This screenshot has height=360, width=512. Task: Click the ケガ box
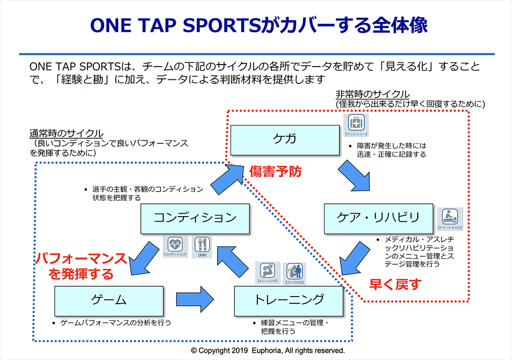284,139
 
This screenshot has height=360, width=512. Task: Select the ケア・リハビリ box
378,218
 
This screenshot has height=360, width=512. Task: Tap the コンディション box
195,218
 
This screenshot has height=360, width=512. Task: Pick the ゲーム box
109,300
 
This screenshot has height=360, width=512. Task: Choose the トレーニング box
288,300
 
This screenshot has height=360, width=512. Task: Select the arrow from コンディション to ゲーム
145,258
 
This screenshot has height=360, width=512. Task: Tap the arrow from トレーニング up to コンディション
237,261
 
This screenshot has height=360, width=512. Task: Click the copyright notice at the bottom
268,351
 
